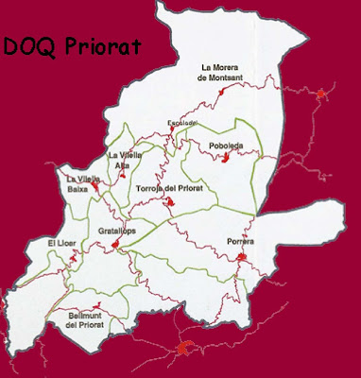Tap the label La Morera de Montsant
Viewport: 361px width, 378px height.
[225, 72]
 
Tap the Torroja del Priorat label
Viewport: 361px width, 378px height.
[169, 187]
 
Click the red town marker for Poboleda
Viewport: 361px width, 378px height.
[228, 159]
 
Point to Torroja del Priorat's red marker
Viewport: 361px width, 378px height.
[169, 201]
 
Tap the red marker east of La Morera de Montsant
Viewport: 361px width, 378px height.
[322, 93]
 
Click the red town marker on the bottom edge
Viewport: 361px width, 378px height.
[186, 352]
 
